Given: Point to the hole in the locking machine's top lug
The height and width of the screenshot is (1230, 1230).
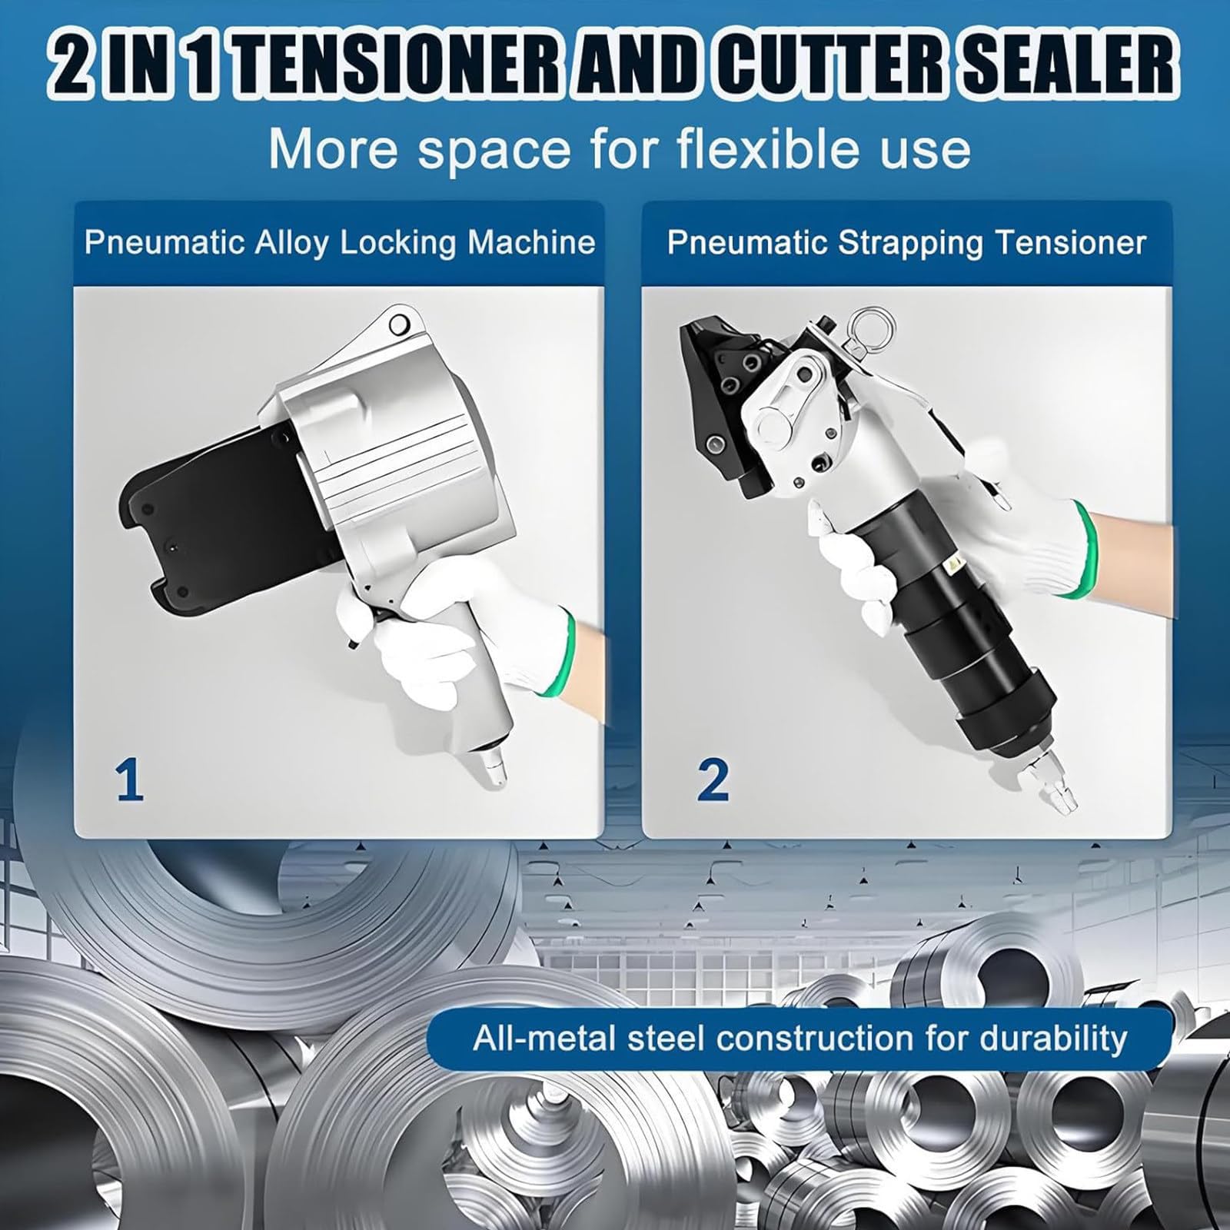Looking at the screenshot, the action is [x=398, y=326].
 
